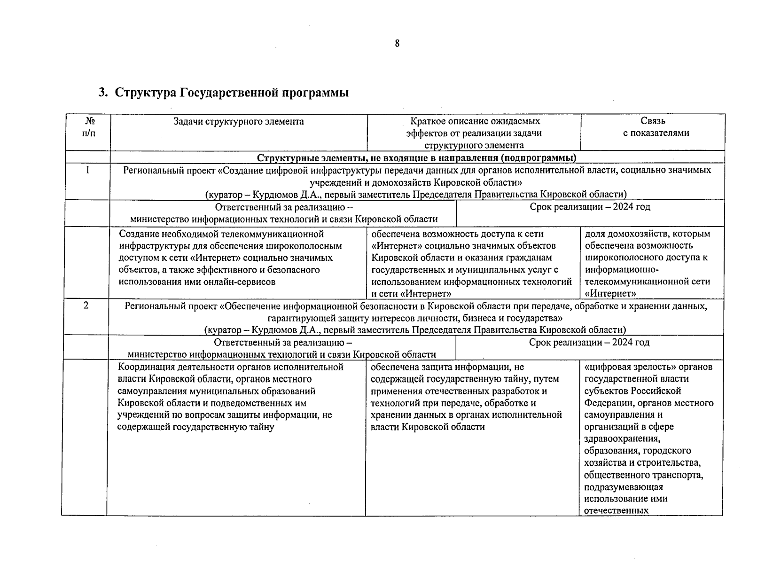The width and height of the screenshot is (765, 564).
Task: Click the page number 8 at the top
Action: (x=397, y=44)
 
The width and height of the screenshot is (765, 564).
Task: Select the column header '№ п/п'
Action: (x=87, y=127)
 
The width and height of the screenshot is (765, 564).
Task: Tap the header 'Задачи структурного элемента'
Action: (x=238, y=122)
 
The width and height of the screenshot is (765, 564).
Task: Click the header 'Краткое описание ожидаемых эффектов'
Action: (x=474, y=133)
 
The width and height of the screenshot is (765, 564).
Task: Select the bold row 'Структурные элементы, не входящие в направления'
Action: (x=417, y=157)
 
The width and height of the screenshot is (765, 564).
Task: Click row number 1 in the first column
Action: (x=87, y=170)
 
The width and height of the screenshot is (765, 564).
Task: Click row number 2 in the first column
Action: (x=86, y=306)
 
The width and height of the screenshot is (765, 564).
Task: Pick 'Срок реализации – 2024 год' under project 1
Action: (x=590, y=207)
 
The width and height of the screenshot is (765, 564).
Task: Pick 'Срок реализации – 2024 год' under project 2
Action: (x=589, y=343)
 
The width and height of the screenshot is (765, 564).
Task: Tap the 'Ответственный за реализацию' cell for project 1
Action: (x=283, y=213)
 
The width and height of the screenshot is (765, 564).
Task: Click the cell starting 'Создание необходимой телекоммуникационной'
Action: (x=230, y=258)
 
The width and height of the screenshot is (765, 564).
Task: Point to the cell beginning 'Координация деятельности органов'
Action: (x=230, y=397)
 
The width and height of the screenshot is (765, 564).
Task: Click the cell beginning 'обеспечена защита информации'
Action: (x=466, y=397)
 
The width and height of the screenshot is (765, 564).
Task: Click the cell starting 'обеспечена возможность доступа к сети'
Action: (x=471, y=263)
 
